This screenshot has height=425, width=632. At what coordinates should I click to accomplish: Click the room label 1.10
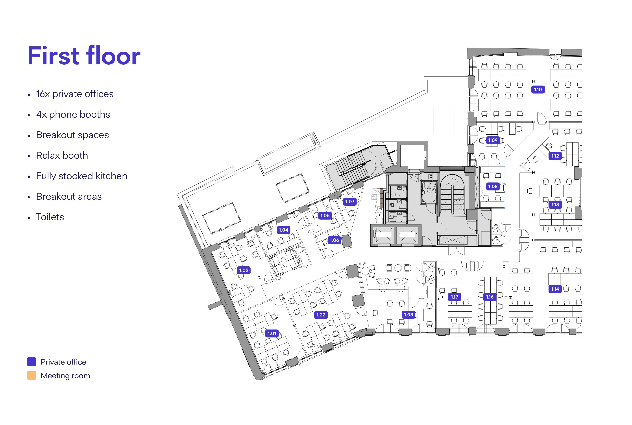tap(538, 89)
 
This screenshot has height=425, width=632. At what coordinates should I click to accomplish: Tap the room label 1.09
tap(493, 140)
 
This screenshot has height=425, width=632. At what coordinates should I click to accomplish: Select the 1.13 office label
tap(555, 205)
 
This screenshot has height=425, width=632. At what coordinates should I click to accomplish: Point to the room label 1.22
tap(321, 315)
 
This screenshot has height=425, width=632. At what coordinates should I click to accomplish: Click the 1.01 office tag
tap(272, 333)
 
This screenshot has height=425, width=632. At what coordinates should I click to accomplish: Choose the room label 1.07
tap(350, 201)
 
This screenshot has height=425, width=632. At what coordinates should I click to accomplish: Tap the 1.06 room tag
tap(334, 240)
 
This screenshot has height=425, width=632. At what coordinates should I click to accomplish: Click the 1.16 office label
tap(490, 297)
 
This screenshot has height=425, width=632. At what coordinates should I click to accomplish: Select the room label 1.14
tap(555, 289)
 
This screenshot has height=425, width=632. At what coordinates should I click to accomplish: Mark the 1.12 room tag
tap(555, 156)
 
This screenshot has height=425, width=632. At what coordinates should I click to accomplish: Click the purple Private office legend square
tap(31, 362)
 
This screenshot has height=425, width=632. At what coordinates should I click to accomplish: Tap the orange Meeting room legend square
tap(31, 375)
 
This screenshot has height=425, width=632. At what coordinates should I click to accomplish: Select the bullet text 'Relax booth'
tap(62, 156)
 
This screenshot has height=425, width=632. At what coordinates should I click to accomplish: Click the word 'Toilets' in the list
tap(50, 217)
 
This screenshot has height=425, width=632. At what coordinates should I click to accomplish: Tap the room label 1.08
tap(493, 186)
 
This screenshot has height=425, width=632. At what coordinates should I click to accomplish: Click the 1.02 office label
tap(244, 270)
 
